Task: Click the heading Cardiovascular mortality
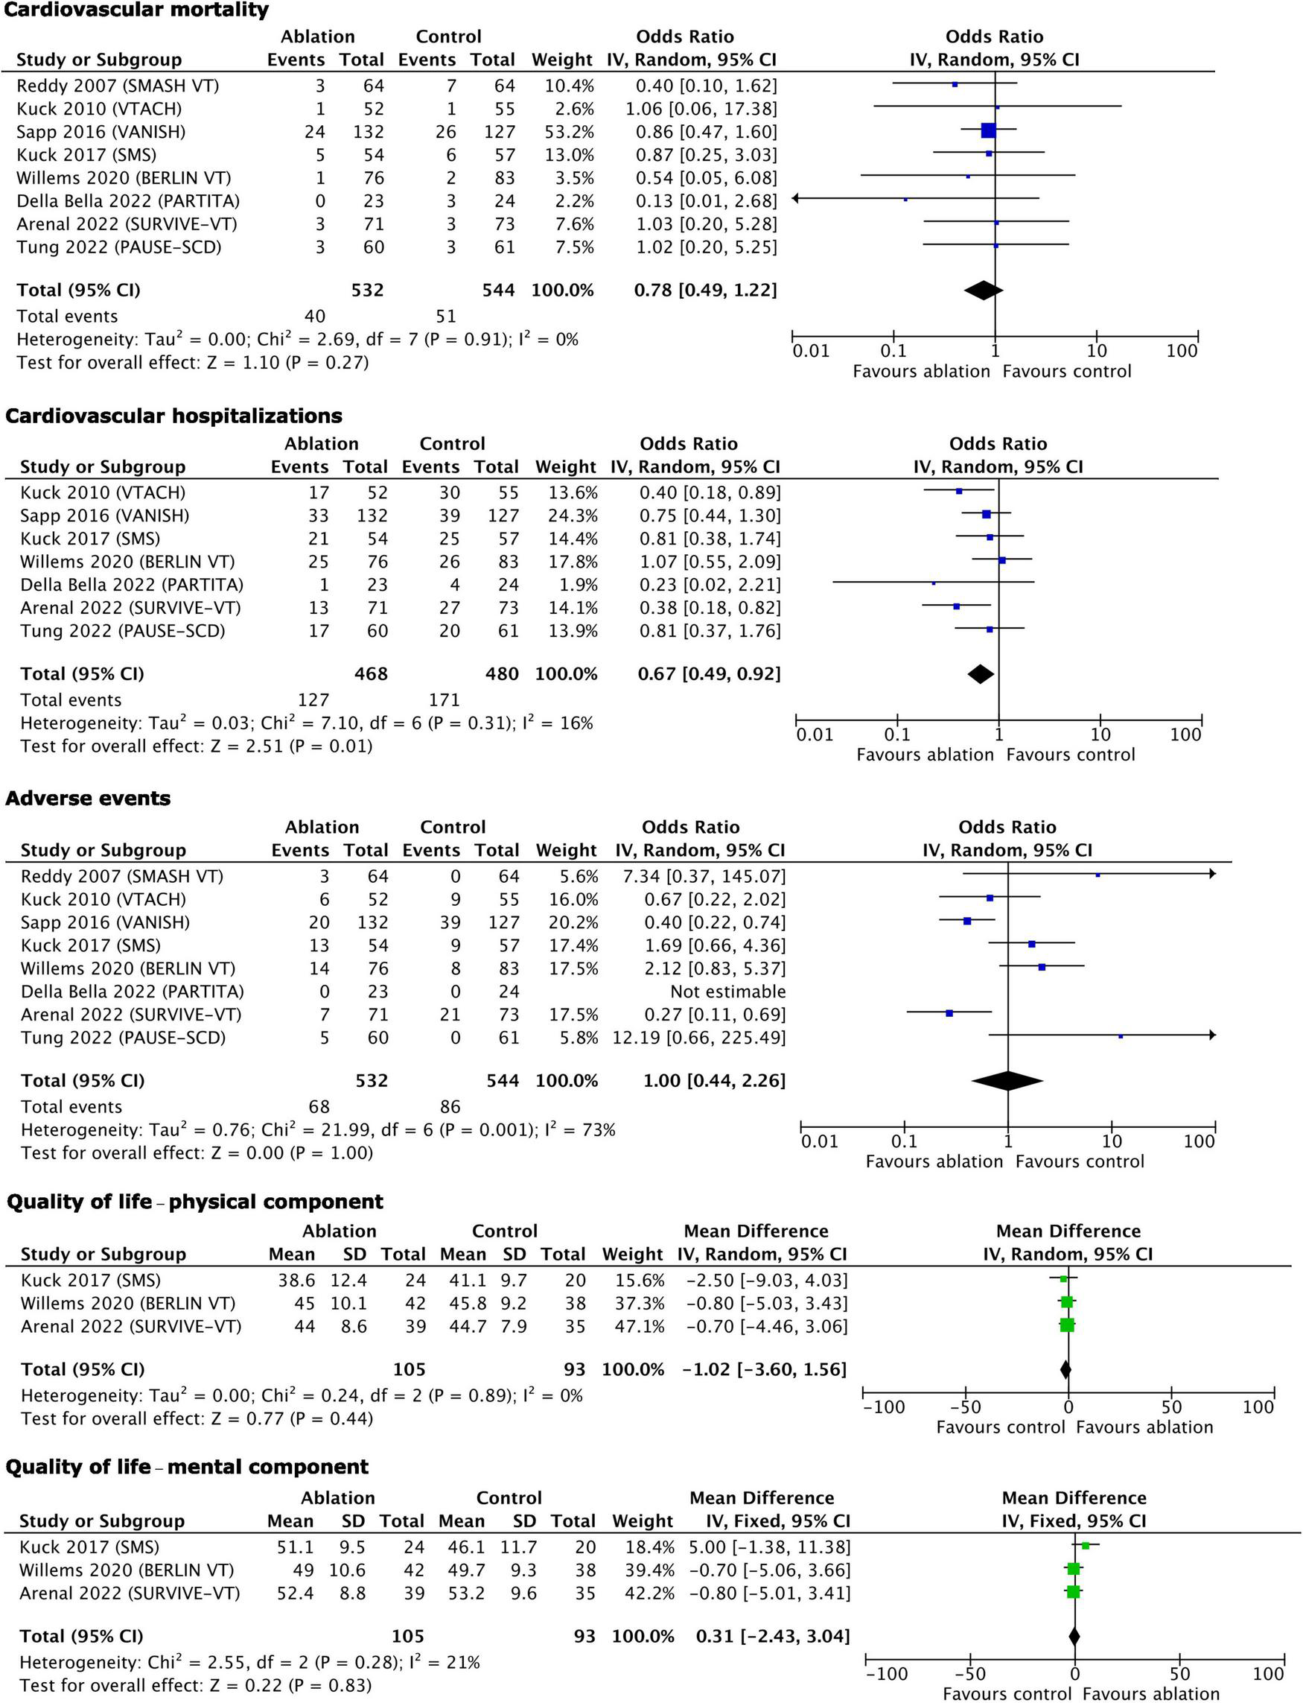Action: (x=137, y=10)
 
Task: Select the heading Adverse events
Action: (x=88, y=799)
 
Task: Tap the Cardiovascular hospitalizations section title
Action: (x=173, y=416)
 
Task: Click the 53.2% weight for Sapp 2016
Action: (x=570, y=132)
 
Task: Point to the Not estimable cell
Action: (x=727, y=992)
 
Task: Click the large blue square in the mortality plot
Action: (x=988, y=130)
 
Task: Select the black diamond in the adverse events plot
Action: (x=1007, y=1080)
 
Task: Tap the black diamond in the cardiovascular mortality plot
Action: (x=983, y=291)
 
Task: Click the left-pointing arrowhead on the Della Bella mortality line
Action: (x=796, y=199)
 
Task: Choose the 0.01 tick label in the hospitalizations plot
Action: (x=815, y=735)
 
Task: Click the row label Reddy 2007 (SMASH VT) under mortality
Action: (x=118, y=86)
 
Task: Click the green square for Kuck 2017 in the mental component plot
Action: (x=1085, y=1546)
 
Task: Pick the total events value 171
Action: (x=445, y=700)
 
